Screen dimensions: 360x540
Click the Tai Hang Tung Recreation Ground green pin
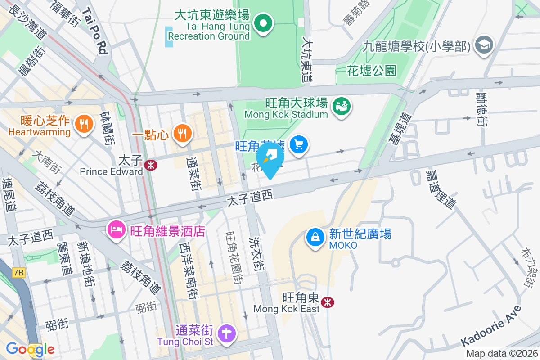[264, 23]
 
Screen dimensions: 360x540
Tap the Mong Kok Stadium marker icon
[342, 107]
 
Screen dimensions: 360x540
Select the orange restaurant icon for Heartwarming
[83, 123]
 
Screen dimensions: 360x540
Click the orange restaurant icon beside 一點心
[182, 133]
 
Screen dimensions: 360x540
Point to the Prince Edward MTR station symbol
[151, 165]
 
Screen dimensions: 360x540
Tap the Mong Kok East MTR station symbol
[328, 302]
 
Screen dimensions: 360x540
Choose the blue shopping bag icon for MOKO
[315, 237]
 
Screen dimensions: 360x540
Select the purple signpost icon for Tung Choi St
[226, 333]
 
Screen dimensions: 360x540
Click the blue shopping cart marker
[299, 145]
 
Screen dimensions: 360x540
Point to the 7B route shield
[19, 273]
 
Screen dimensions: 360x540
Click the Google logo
[30, 349]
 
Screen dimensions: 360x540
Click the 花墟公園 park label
[372, 70]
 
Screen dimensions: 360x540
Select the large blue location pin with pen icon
[270, 159]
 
